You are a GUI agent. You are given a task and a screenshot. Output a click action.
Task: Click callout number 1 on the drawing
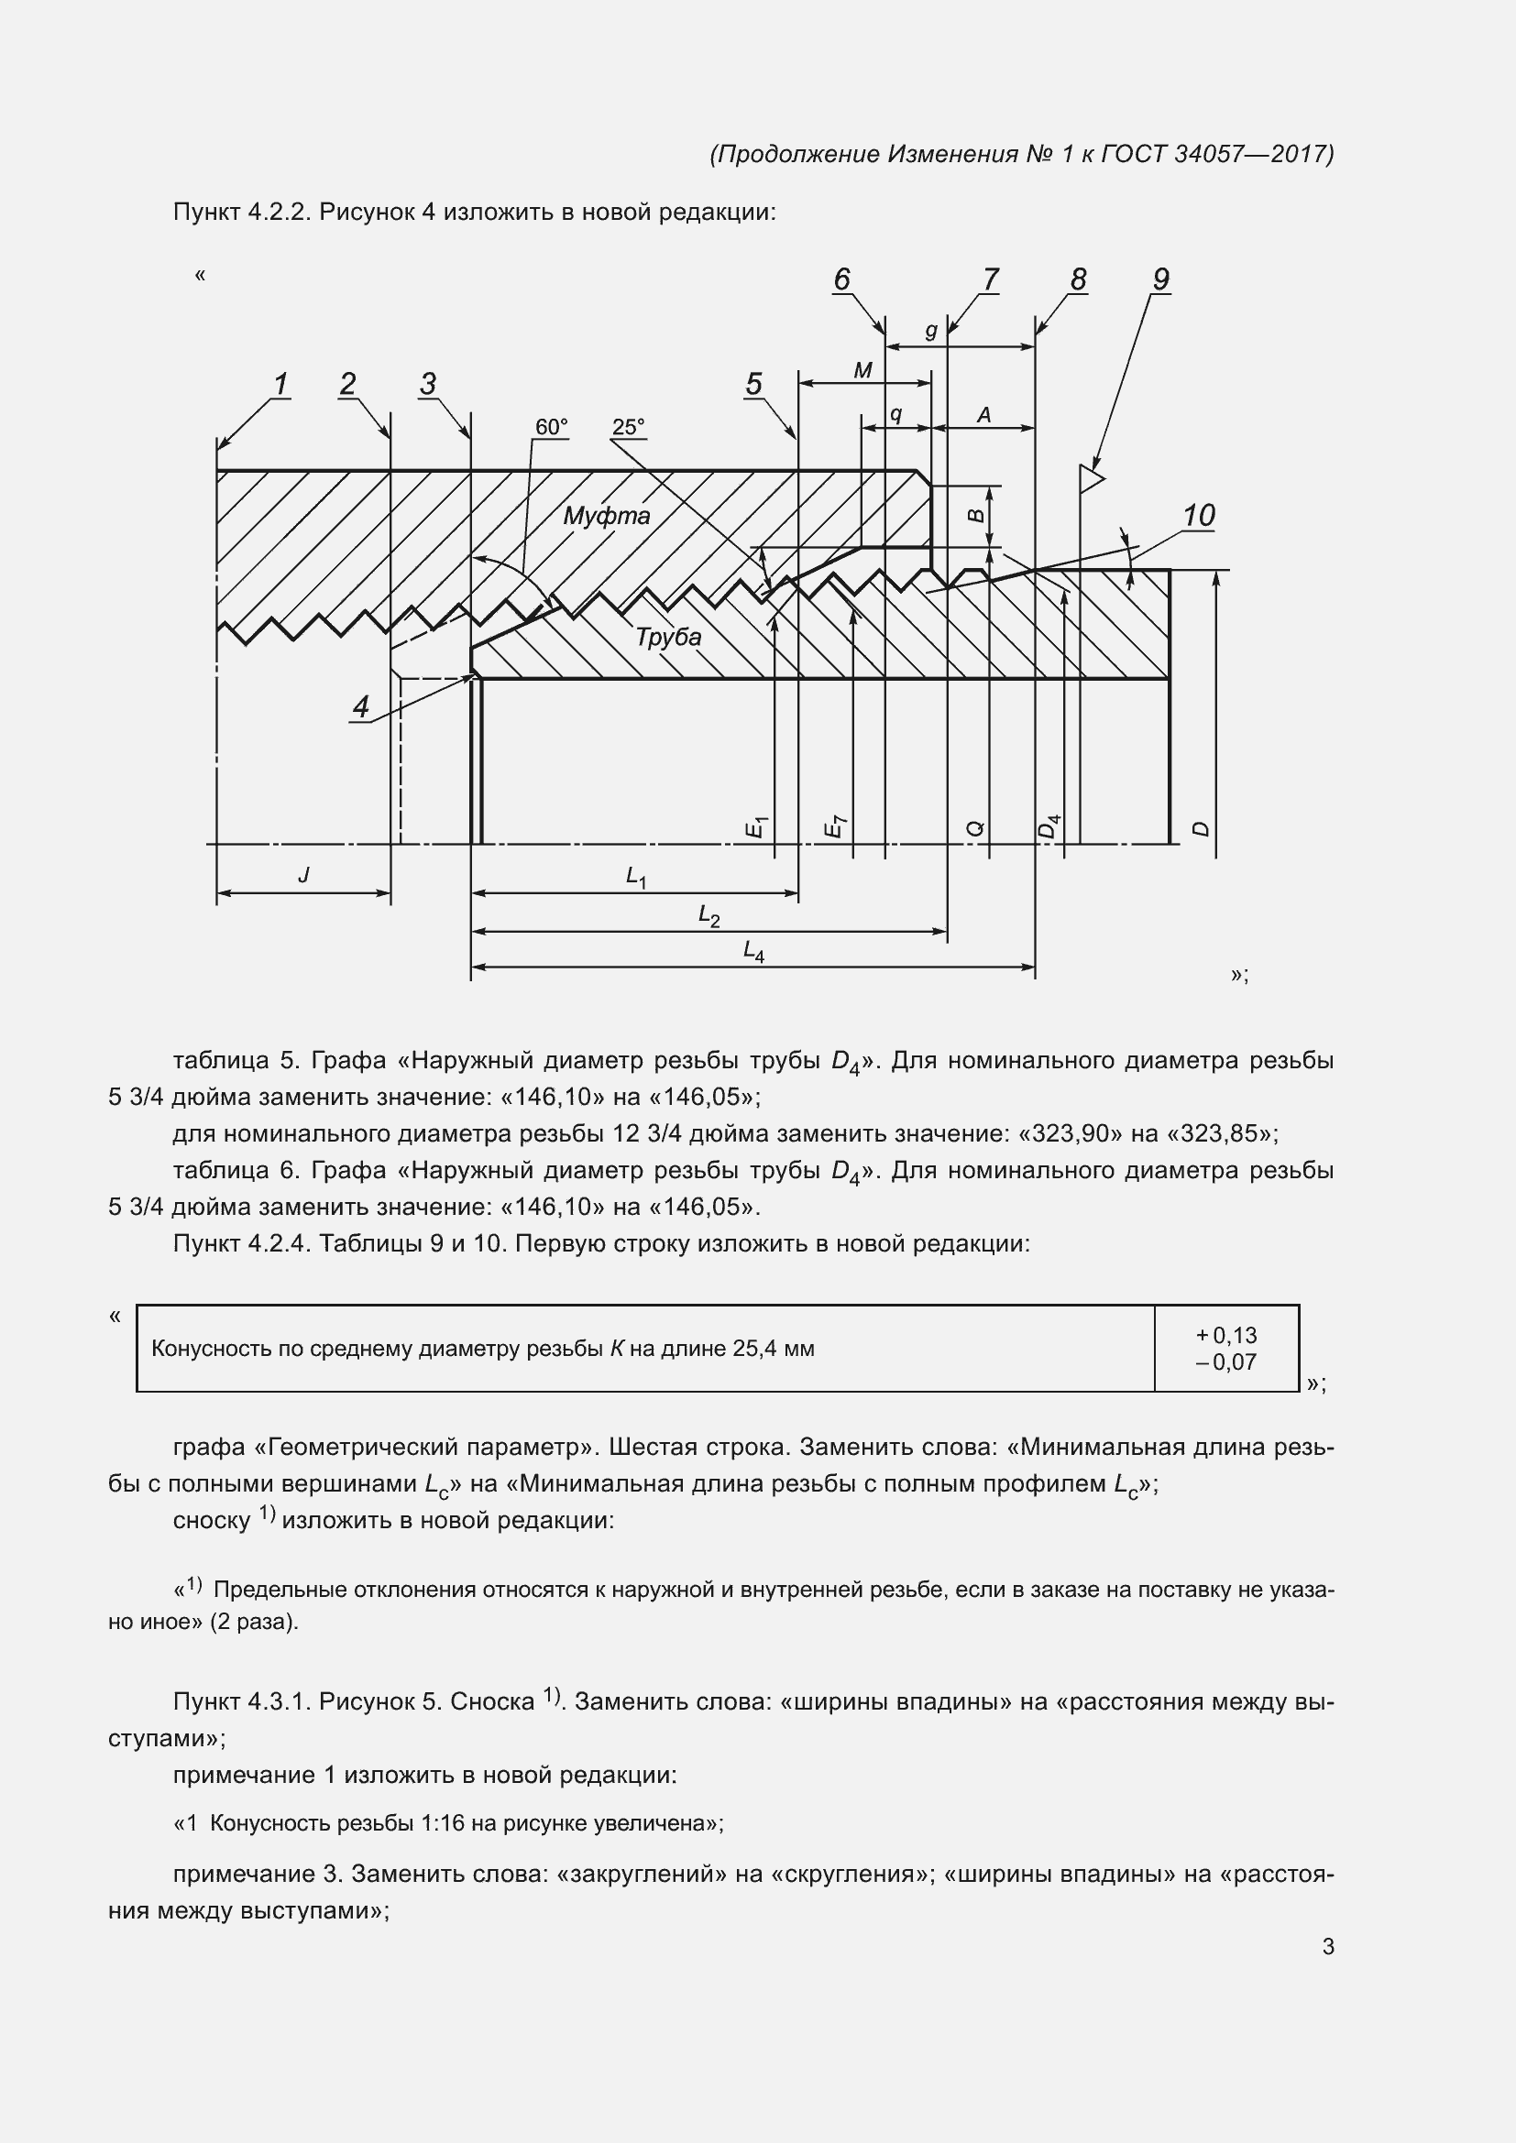point(280,384)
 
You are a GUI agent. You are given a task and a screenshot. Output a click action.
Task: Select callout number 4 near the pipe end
point(361,706)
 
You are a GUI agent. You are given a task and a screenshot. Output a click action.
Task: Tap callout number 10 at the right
point(1199,515)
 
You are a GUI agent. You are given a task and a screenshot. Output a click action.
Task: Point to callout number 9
point(1160,279)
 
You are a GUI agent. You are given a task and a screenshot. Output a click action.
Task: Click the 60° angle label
point(551,427)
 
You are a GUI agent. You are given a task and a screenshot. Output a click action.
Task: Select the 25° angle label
point(628,427)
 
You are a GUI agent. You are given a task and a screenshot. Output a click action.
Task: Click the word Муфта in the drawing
point(606,516)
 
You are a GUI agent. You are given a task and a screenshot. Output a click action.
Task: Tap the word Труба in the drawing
point(667,637)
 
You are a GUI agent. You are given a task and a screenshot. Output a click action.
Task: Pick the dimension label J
point(303,875)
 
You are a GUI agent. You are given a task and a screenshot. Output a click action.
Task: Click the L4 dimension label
point(753,951)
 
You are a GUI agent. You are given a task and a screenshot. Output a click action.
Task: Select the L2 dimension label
point(709,915)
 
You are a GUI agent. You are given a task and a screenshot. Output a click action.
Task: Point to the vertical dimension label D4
point(1050,826)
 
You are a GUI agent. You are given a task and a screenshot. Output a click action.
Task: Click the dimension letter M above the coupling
point(862,370)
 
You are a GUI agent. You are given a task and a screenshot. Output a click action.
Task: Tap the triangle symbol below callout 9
point(1091,479)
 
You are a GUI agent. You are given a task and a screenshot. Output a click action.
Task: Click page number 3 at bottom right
point(1327,1947)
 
